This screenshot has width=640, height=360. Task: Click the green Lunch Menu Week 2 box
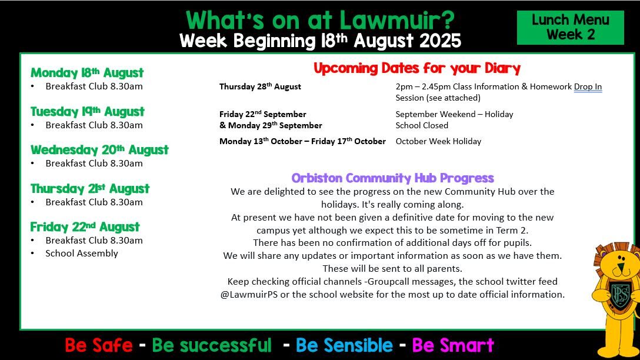[570, 27]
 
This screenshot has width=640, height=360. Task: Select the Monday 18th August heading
[87, 73]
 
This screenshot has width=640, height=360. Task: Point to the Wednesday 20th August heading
[99, 150]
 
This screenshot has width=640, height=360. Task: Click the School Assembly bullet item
[82, 254]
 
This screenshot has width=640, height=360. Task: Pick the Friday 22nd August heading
[85, 227]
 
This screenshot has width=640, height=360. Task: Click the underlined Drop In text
[588, 86]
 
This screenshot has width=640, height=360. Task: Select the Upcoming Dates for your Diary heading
[417, 68]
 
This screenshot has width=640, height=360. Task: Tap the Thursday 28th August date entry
[260, 86]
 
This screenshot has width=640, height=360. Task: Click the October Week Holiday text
[438, 141]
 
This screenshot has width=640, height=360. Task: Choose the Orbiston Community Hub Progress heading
[393, 178]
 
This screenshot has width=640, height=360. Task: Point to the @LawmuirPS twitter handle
[249, 294]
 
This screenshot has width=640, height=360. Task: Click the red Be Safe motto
[99, 345]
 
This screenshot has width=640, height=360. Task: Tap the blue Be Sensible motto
[344, 345]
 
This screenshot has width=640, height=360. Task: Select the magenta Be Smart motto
[453, 345]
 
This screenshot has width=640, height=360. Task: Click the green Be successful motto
[212, 345]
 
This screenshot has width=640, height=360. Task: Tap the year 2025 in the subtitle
[440, 41]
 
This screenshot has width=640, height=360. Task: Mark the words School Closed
[422, 125]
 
